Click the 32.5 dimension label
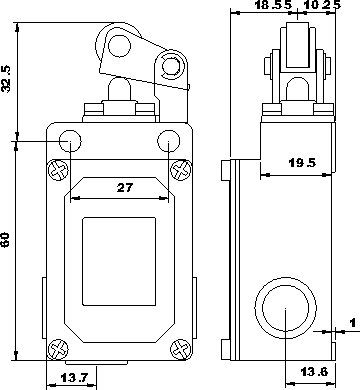point(7,79)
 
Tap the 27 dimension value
point(125,188)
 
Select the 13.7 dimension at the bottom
point(74,378)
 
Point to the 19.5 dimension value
point(302,163)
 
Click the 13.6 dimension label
point(315,371)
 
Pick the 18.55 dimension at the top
point(273,5)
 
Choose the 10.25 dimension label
point(323,5)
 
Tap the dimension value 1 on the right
point(352,323)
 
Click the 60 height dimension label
point(6,240)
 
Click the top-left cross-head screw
point(59,170)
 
